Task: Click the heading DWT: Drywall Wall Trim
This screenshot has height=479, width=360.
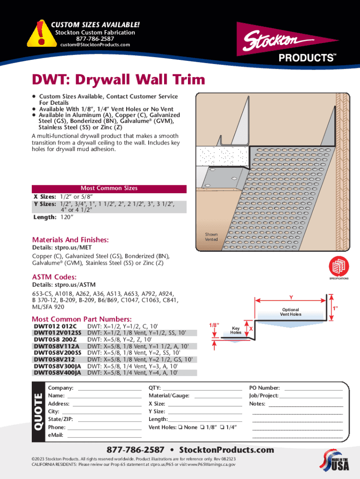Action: click(x=118, y=80)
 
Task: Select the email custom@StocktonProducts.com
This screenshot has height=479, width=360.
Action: click(x=95, y=45)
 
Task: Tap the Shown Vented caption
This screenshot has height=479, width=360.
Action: click(x=211, y=237)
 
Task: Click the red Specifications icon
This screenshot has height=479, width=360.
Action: click(x=339, y=267)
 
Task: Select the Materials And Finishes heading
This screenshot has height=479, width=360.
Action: click(x=70, y=239)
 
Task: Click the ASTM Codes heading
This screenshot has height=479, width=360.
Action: click(x=54, y=277)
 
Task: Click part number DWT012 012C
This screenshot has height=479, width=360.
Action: click(x=55, y=326)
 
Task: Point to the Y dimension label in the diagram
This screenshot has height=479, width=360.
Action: click(x=291, y=298)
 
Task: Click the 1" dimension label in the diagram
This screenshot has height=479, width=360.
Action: click(x=335, y=309)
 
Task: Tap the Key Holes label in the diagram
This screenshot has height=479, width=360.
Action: click(x=236, y=331)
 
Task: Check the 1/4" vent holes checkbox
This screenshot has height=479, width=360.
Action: click(x=223, y=428)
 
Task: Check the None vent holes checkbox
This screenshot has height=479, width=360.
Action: click(x=180, y=428)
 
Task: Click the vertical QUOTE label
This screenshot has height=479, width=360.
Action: click(x=38, y=411)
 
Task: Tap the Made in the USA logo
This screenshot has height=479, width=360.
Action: click(x=334, y=463)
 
